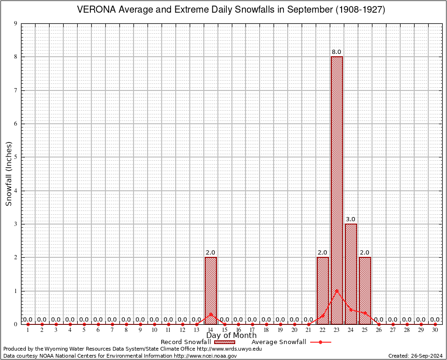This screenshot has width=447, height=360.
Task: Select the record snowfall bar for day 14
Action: [210, 291]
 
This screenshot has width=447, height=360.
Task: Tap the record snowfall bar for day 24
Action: [351, 274]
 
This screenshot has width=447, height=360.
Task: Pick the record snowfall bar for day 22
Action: [323, 291]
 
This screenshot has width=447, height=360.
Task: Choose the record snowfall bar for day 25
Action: [365, 291]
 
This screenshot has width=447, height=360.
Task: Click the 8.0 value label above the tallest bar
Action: [337, 52]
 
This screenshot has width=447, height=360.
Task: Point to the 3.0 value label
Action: [351, 219]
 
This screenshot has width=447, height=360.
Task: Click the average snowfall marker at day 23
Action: [337, 291]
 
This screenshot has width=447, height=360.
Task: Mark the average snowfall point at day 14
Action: [210, 314]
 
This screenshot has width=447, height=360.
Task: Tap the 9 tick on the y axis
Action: [16, 23]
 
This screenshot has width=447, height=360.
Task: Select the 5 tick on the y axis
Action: [16, 157]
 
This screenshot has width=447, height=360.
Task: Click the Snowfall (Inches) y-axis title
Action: [9, 173]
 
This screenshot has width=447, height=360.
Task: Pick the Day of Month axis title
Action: [231, 336]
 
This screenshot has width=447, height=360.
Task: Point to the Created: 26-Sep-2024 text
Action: [416, 356]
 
